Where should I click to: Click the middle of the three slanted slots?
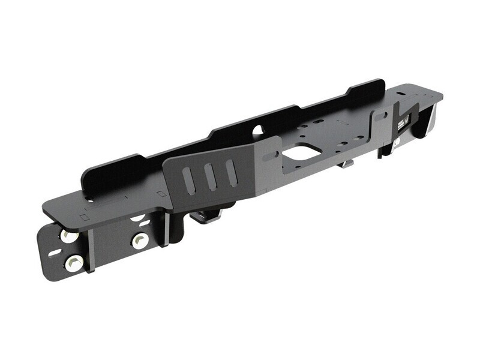tap(210, 176)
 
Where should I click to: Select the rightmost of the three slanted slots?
tap(231, 172)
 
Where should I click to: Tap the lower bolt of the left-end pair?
tap(74, 262)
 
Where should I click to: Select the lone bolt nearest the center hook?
tap(140, 241)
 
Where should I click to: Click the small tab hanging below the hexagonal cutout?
tap(347, 163)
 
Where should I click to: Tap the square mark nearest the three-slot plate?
tap(161, 194)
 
